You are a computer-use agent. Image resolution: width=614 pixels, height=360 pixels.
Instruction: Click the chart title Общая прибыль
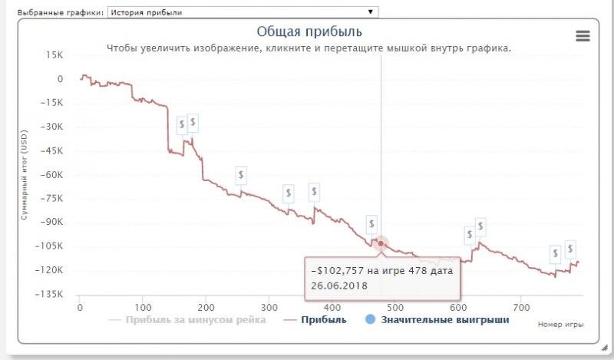309,31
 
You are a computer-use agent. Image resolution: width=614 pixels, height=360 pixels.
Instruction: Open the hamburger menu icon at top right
583,36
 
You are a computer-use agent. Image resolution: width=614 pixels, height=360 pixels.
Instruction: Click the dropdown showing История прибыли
243,12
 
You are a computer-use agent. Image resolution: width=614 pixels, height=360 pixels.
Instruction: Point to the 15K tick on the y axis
54,55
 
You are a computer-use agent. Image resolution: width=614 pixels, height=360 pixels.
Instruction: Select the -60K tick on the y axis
53,175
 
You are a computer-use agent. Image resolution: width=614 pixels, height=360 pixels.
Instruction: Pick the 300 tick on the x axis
269,309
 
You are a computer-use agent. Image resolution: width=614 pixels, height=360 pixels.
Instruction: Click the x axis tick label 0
80,309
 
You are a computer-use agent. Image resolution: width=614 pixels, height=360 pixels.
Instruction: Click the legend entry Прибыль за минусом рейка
195,319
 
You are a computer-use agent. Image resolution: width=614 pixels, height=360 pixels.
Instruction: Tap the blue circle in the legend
370,319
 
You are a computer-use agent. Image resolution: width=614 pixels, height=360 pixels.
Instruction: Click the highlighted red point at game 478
381,244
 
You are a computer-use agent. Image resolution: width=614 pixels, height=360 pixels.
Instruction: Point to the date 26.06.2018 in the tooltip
339,286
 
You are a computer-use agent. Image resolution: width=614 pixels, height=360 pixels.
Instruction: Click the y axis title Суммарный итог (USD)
24,175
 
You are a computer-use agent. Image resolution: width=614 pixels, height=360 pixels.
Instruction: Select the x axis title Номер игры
561,325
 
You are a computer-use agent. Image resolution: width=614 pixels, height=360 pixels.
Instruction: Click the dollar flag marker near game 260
241,175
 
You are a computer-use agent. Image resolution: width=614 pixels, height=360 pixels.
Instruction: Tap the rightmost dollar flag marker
570,248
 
